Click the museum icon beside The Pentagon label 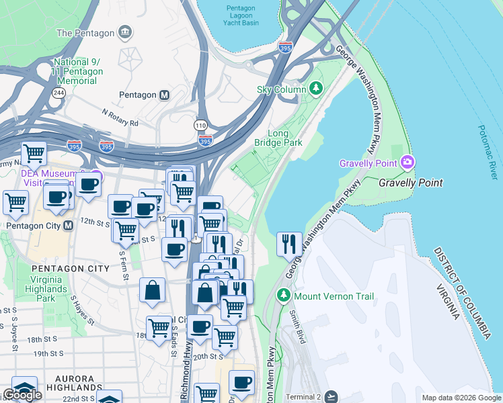pyautogui.click(x=125, y=32)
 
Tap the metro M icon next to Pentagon pyautogui.click(x=164, y=95)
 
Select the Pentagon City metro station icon pyautogui.click(x=69, y=226)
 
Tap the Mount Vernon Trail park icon pyautogui.click(x=284, y=296)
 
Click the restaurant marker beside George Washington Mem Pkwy pyautogui.click(x=289, y=244)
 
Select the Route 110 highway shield pyautogui.click(x=200, y=126)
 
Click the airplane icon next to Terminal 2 pyautogui.click(x=330, y=396)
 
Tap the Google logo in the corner pyautogui.click(x=22, y=395)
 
